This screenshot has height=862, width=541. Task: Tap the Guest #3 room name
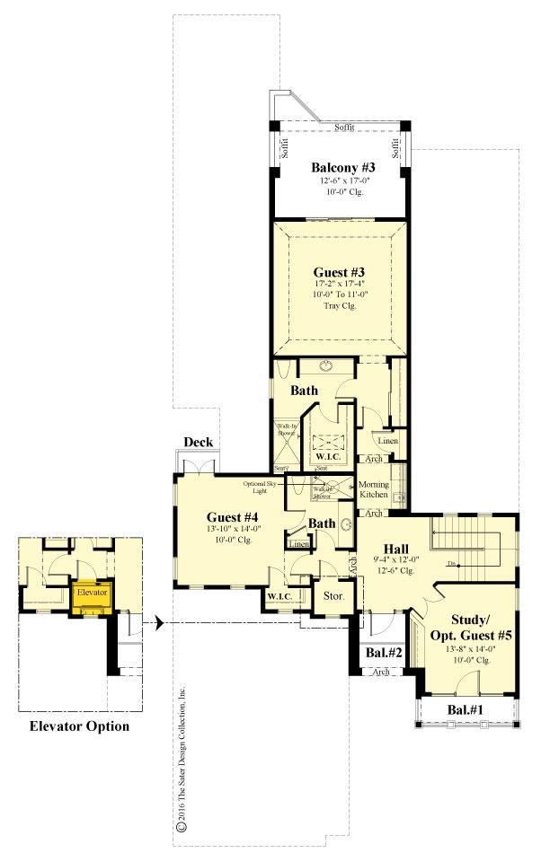(339, 270)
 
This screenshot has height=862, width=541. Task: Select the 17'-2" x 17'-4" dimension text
(339, 283)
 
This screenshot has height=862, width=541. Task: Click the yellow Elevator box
(92, 594)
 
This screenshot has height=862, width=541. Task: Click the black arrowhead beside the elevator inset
(156, 622)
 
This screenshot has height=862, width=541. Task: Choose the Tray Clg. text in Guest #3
(339, 306)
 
